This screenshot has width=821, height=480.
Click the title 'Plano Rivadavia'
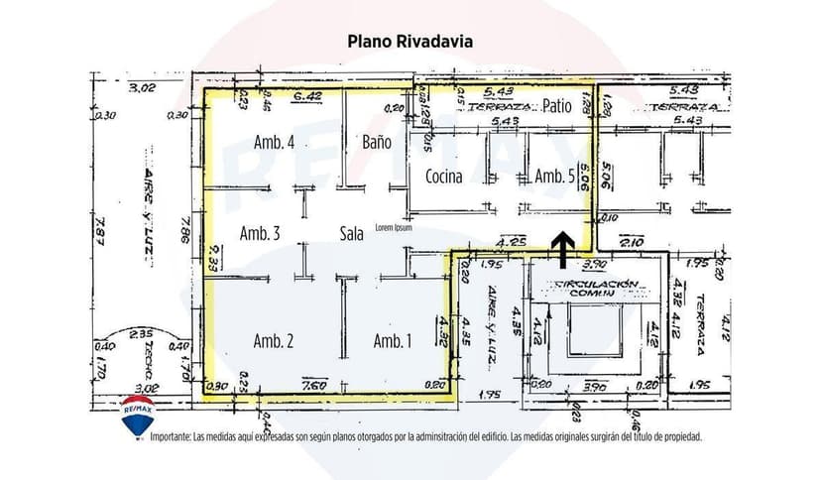(x=410, y=42)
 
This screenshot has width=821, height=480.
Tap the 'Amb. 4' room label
(x=274, y=142)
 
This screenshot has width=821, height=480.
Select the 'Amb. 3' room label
(x=260, y=234)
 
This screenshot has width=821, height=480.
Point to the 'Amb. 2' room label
(x=274, y=341)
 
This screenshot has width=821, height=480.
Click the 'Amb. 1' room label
(x=393, y=341)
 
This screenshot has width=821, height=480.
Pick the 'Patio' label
(x=557, y=106)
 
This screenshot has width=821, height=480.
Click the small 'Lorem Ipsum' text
(x=394, y=227)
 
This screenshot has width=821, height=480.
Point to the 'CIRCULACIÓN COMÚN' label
(x=589, y=289)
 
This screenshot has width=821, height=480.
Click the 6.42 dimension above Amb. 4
(x=309, y=96)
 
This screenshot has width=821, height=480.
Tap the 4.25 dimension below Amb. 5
(x=512, y=241)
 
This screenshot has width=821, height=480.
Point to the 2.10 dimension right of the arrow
(x=632, y=241)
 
